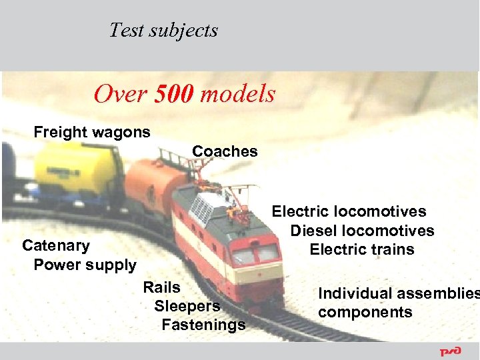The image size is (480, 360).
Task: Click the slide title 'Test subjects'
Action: (x=163, y=31)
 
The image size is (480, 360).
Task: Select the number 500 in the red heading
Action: (x=173, y=94)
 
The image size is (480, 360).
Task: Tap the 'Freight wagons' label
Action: (x=92, y=132)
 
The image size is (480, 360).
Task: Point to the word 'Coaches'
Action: (x=225, y=151)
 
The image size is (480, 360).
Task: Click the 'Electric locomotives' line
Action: (x=349, y=211)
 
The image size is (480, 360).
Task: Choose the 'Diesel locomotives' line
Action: (x=362, y=231)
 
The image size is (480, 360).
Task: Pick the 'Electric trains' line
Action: (x=362, y=250)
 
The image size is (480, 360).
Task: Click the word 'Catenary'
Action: (x=56, y=245)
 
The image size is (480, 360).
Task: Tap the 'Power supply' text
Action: (x=85, y=265)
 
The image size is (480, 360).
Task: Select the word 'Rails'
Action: (x=161, y=287)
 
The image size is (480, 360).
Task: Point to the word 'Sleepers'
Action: (x=187, y=306)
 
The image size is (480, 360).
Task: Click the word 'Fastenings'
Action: (x=203, y=325)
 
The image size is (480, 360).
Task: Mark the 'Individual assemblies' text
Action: (x=398, y=293)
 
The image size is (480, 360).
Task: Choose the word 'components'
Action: (x=365, y=312)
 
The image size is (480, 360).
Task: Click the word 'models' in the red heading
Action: (x=237, y=94)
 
